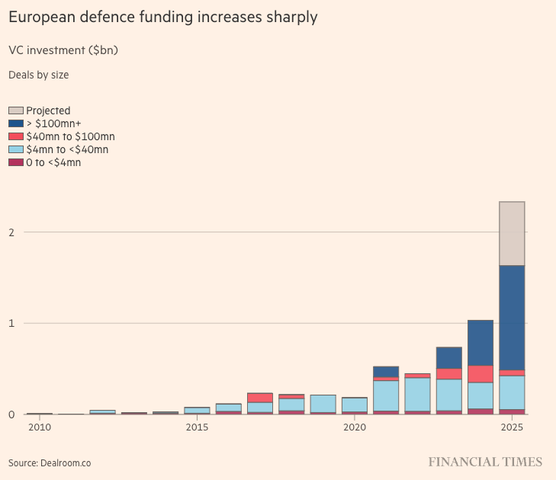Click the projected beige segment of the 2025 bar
(x=511, y=233)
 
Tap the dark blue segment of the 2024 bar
(x=480, y=343)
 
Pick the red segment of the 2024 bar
(x=480, y=374)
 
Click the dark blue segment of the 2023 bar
(x=448, y=358)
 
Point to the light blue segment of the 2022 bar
(x=417, y=394)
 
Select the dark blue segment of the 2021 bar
(x=386, y=372)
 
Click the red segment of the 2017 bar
(x=260, y=398)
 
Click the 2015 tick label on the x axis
(x=197, y=427)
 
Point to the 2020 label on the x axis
(x=355, y=427)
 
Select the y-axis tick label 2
(x=11, y=232)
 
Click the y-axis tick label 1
(x=11, y=323)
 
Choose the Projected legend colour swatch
(x=15, y=110)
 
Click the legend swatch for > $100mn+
(x=15, y=123)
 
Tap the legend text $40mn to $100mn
(x=70, y=136)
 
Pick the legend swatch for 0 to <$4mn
(x=15, y=162)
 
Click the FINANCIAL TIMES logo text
(x=485, y=462)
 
